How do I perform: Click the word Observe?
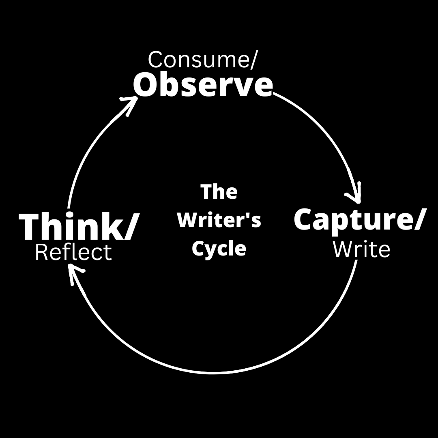tap(203, 85)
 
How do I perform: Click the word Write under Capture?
tap(361, 249)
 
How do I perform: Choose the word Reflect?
tap(73, 253)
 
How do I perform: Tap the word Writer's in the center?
tap(219, 220)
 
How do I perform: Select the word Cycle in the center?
tap(219, 248)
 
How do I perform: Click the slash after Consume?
tap(253, 60)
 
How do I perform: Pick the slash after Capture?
tap(418, 220)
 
